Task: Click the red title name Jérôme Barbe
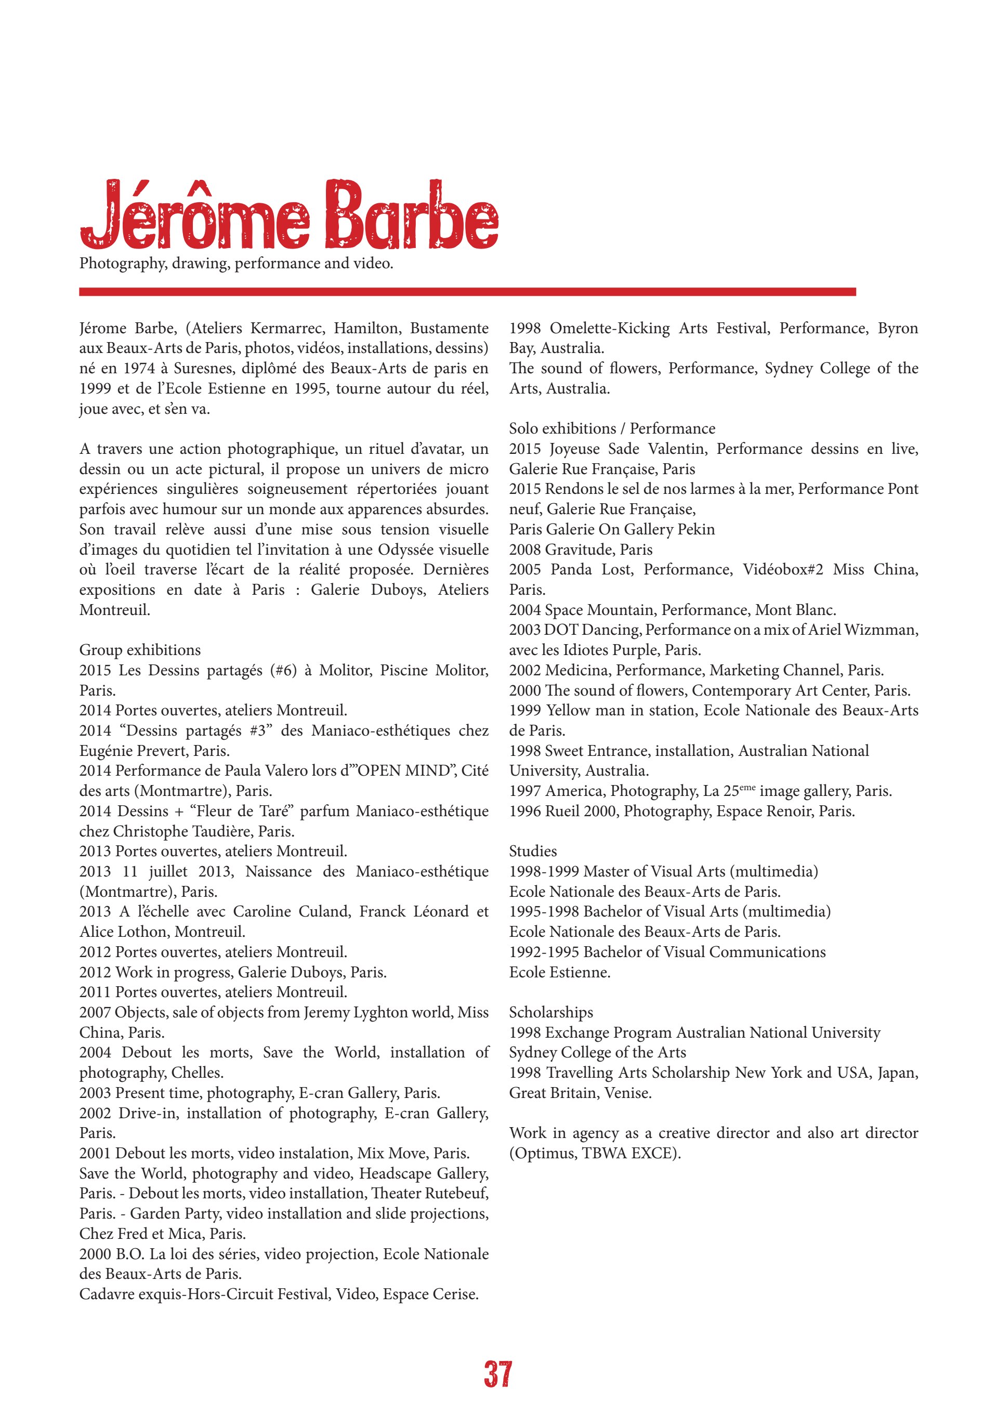coord(289,215)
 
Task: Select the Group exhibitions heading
coord(140,650)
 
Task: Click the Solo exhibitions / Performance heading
coord(612,428)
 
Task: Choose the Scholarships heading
coord(551,1012)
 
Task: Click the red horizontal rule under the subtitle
coord(467,292)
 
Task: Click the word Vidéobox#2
coord(783,569)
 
